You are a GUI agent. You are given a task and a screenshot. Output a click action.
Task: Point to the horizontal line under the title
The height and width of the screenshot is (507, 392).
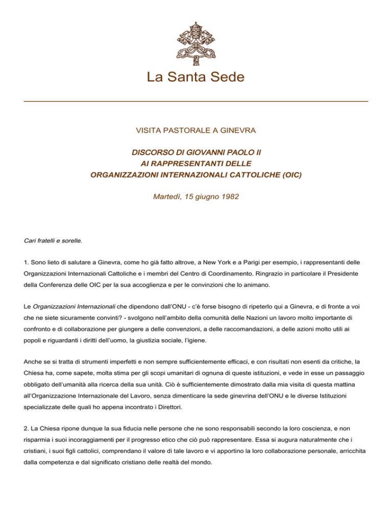196,102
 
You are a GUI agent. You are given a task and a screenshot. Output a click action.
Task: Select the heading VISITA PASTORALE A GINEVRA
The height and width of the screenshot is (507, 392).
196,131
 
